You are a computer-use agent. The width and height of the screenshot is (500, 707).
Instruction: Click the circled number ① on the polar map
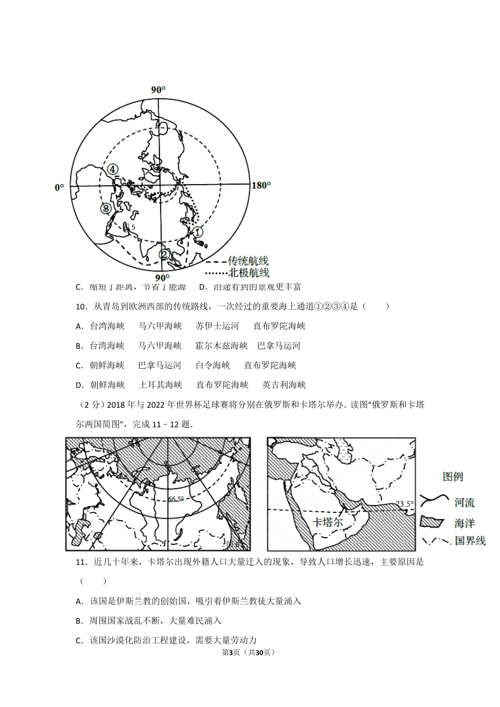coord(197,231)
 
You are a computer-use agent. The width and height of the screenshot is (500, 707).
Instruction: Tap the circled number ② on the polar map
coord(165,255)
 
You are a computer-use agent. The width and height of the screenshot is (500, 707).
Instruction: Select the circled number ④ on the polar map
coord(112,169)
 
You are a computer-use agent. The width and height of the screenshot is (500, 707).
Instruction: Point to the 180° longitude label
coord(262,185)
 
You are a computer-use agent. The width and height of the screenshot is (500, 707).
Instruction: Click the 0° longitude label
coord(59,187)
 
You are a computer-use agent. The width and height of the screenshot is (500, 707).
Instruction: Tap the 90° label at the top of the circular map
coord(158,90)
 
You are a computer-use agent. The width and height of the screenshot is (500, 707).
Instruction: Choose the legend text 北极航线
coord(248,272)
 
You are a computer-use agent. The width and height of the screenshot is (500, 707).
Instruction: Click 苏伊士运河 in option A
coord(217,326)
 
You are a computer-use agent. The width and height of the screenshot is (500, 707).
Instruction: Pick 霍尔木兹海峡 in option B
coord(221,346)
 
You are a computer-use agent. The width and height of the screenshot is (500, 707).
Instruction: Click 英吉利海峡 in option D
coord(284,385)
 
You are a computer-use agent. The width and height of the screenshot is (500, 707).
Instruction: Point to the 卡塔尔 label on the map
coord(327,522)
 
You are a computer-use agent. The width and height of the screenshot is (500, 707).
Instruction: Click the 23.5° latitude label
coord(404,504)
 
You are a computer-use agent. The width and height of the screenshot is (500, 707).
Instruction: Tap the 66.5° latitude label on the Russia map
coord(176,499)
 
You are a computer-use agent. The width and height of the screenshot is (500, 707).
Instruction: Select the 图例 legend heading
coord(453,477)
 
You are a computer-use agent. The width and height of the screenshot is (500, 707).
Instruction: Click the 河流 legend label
coord(464,502)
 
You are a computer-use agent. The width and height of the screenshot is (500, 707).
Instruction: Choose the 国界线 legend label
coord(469,541)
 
